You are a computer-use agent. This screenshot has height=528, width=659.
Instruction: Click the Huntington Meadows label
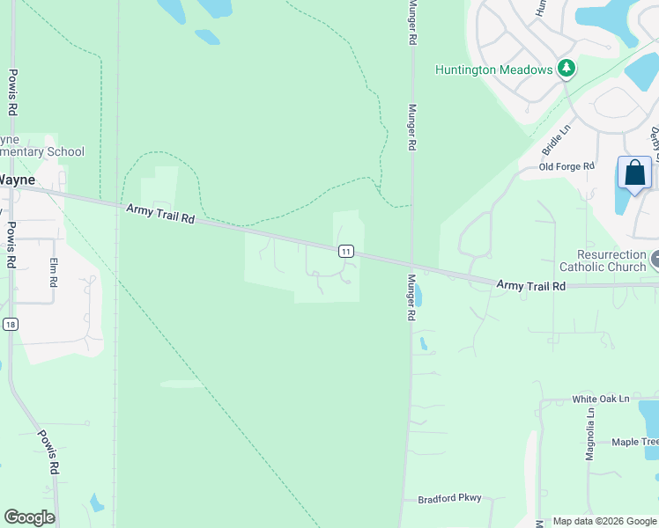[493, 70]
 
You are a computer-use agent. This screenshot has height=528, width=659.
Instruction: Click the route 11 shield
[346, 252]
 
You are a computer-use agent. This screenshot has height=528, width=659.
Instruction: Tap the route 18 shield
[9, 324]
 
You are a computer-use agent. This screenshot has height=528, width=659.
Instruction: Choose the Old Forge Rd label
[566, 166]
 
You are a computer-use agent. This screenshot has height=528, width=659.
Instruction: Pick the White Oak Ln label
[601, 399]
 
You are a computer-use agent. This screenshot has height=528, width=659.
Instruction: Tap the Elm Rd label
[53, 272]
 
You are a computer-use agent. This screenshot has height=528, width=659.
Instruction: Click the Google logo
[29, 517]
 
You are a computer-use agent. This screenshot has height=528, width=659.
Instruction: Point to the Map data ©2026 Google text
[604, 521]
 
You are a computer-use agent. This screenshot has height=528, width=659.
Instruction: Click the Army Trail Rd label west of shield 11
[159, 212]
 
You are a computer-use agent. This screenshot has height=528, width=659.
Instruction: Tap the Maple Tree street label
[634, 442]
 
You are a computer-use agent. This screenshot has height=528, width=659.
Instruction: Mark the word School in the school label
[65, 152]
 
